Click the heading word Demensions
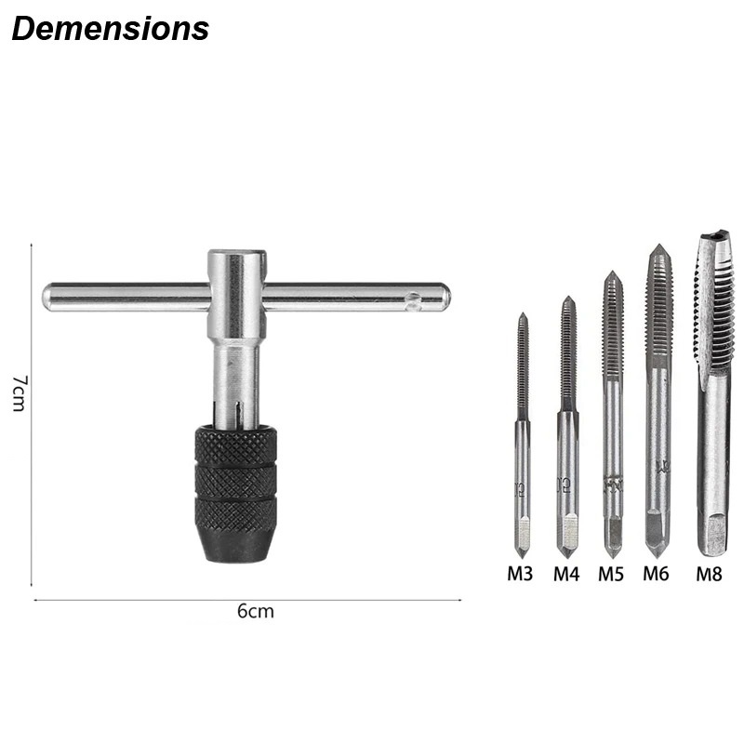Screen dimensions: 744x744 [110, 29]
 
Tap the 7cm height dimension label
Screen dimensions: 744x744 [20, 393]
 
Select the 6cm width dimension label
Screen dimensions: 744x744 [256, 611]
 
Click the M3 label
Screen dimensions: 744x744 [520, 574]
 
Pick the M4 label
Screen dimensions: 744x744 [566, 574]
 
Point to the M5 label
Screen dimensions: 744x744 [611, 574]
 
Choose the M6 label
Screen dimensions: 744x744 [656, 574]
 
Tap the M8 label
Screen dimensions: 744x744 [709, 574]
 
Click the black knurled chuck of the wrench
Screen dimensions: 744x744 [235, 494]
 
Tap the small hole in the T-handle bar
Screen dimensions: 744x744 [414, 301]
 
